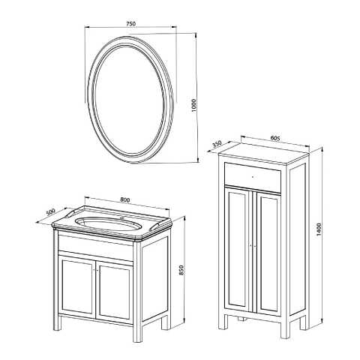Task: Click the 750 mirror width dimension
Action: click(x=130, y=24)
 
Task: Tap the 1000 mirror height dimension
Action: click(x=193, y=105)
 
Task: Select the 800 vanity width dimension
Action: click(x=125, y=199)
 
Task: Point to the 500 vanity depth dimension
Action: click(x=51, y=212)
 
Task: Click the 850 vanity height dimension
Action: click(x=181, y=270)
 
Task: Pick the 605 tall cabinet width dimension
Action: click(x=275, y=138)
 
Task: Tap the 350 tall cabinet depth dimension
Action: click(x=217, y=144)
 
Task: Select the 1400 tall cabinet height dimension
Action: click(x=318, y=229)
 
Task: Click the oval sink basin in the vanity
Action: click(x=108, y=223)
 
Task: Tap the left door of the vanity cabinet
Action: click(x=77, y=286)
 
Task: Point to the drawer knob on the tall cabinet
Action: click(x=252, y=177)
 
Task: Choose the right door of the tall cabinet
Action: click(x=268, y=253)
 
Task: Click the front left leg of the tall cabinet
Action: click(x=223, y=320)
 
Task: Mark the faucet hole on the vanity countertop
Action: click(x=122, y=218)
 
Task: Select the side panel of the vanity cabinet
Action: click(x=154, y=279)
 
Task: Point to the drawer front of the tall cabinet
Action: click(x=253, y=178)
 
